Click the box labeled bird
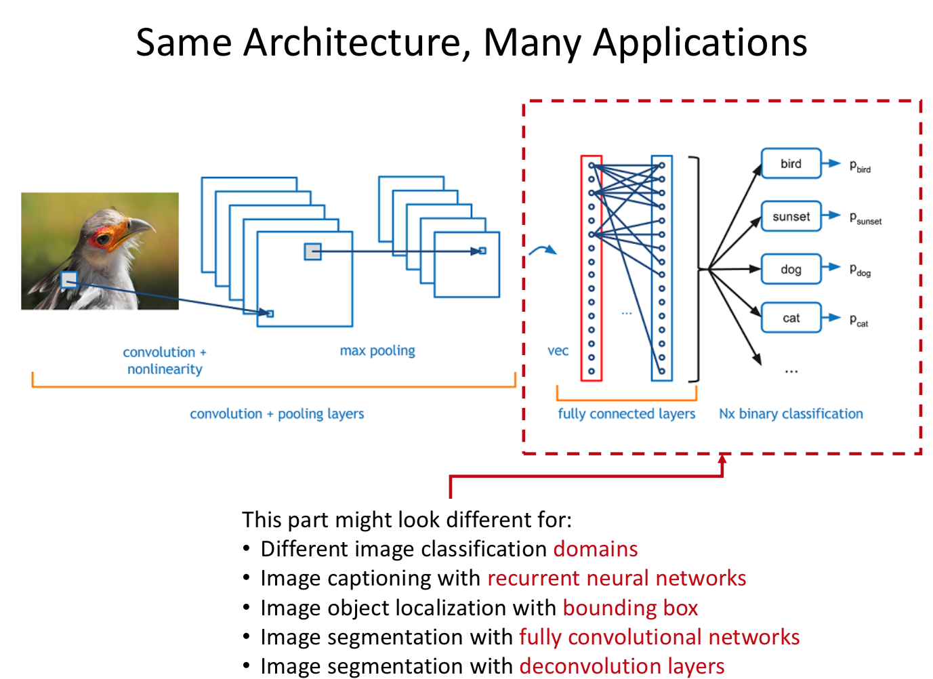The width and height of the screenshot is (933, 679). (x=791, y=164)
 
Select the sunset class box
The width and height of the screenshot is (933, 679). (x=791, y=217)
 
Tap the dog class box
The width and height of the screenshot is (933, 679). (x=791, y=269)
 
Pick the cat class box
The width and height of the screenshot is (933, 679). (x=791, y=318)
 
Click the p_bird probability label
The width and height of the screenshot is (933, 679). (x=860, y=166)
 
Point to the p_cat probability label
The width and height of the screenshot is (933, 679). (x=858, y=321)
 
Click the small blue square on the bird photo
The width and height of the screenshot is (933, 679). (x=69, y=279)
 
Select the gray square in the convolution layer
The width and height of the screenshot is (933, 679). (x=312, y=251)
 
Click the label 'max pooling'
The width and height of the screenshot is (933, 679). (x=377, y=351)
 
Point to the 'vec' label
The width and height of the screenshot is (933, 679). (x=558, y=351)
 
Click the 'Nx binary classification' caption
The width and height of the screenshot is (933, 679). (x=791, y=414)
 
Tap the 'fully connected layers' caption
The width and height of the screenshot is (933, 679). (x=626, y=414)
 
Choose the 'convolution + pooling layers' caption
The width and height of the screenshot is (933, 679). (x=276, y=414)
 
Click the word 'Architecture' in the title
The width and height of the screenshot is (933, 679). (x=357, y=43)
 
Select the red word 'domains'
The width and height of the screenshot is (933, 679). (x=596, y=549)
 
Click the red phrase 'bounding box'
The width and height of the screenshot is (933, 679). (x=630, y=608)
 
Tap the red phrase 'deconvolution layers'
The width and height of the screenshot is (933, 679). (x=621, y=666)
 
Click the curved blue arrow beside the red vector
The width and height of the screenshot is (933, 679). (x=542, y=251)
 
